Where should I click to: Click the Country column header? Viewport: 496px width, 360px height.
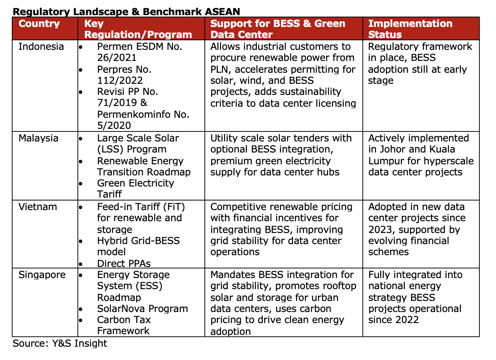coord(39,24)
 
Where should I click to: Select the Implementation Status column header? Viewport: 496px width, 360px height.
coord(410,29)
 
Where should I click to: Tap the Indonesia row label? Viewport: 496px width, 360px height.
coord(41,47)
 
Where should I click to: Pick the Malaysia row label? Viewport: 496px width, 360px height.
coord(38,138)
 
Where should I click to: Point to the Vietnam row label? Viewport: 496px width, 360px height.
coord(38,207)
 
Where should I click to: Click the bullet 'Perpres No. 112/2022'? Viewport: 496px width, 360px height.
coord(124,75)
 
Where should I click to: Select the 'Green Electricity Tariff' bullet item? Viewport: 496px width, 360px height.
coord(135,188)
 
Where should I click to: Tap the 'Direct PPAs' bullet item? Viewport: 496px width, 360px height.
coord(124,263)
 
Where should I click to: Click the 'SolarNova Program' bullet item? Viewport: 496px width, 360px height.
coord(142,309)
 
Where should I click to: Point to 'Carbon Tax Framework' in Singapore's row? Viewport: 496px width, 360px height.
coord(124,325)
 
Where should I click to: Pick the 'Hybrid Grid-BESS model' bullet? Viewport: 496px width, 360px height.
coord(138,246)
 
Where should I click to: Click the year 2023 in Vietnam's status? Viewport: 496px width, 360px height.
coord(379,230)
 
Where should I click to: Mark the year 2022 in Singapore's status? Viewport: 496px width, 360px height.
coord(407,320)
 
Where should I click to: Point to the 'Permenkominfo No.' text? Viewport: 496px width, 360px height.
coord(143,114)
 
